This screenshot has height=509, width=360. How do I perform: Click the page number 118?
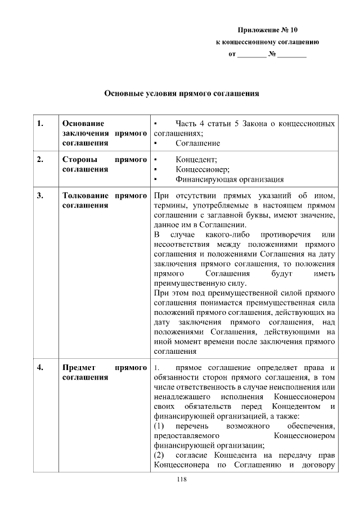pos(181,479)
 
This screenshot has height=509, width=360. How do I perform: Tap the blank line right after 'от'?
pos(252,55)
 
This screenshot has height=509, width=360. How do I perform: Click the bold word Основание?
pos(83,123)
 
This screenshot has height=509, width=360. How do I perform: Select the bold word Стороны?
pos(79,159)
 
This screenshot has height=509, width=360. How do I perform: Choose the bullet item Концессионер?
pos(202,169)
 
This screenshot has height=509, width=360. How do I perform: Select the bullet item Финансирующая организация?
pos(229,179)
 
